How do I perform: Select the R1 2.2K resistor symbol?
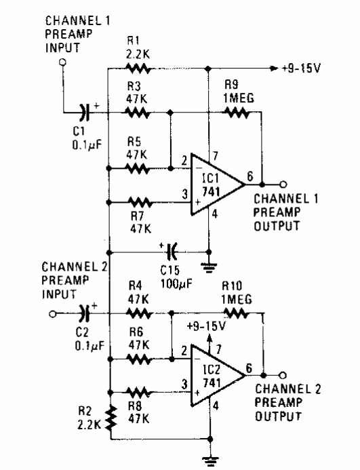coord(138,68)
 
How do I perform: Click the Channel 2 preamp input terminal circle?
coord(53,313)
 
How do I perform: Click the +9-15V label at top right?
coord(302,68)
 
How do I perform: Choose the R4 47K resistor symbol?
coord(138,313)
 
